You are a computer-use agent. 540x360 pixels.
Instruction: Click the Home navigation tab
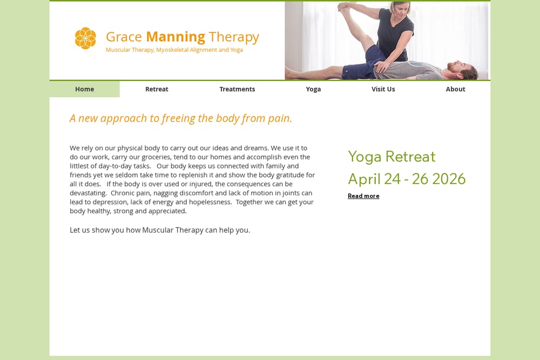point(84,89)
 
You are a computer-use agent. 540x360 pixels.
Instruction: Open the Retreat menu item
point(157,89)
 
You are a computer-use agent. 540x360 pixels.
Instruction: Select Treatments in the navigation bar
point(237,89)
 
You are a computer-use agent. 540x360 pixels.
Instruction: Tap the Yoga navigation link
point(313,89)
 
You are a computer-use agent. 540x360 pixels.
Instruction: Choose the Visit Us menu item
point(383,89)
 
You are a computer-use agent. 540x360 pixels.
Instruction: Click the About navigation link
point(455,89)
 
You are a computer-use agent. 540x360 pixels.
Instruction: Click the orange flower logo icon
point(85,38)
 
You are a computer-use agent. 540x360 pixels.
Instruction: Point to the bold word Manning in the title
point(175,37)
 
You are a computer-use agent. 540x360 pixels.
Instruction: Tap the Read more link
point(363,196)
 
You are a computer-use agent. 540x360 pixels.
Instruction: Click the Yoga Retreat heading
point(391,157)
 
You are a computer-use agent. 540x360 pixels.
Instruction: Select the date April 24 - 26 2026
point(407,179)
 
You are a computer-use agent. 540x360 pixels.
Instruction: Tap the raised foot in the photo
point(345,7)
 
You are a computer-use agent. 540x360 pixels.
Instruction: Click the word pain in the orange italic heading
point(280,118)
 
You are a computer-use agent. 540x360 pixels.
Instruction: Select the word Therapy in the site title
point(234,37)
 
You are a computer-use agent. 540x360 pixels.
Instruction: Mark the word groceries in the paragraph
point(157,157)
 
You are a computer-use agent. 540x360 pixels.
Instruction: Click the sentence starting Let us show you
point(160,230)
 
